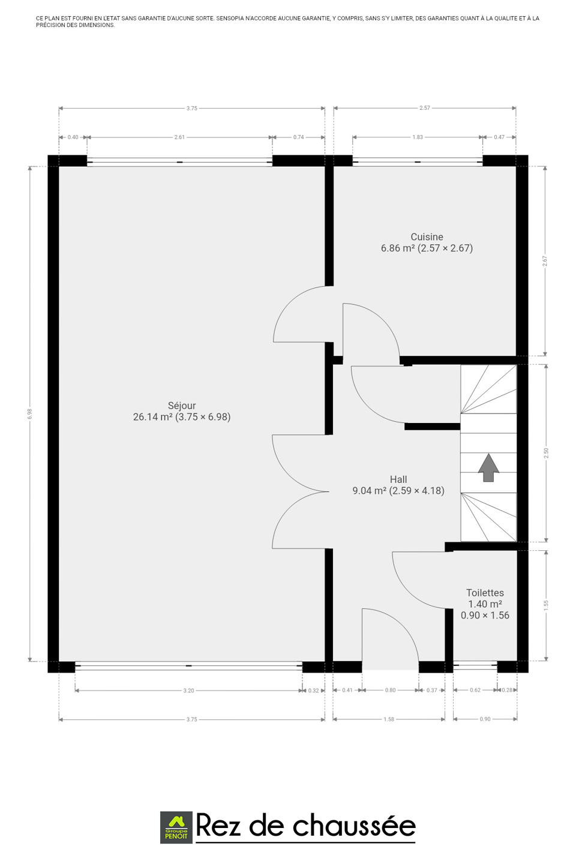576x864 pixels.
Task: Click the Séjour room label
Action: coord(182,406)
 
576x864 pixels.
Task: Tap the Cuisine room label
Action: coord(427,237)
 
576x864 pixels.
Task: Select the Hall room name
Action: coord(398,479)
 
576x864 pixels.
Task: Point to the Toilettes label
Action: coord(485,593)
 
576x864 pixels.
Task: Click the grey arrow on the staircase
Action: coord(488,467)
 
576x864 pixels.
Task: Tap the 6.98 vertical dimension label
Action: coord(30,414)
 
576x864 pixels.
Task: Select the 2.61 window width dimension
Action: coord(179,137)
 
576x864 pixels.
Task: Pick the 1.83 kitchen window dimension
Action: coord(418,137)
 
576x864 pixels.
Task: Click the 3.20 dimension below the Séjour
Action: coord(188,691)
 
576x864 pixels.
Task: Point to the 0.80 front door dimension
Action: coord(390,690)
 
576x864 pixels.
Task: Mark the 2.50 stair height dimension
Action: coord(546,453)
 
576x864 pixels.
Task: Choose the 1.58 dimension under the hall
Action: coord(389,719)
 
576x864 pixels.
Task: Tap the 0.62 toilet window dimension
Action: coord(475,690)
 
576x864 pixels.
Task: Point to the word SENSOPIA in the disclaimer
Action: coord(230,18)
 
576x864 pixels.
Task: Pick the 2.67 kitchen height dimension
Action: coord(545,261)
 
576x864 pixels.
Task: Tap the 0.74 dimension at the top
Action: coord(298,137)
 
